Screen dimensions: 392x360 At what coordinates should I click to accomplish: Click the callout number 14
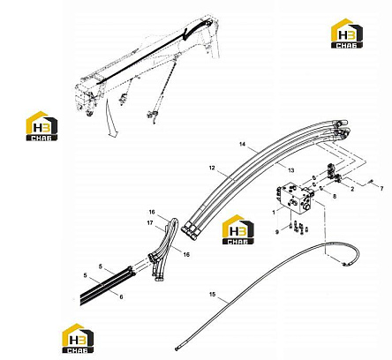242,144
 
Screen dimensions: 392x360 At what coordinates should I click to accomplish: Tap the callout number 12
212,168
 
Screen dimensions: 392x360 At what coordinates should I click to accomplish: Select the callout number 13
291,170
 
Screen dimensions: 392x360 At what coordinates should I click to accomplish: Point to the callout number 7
381,189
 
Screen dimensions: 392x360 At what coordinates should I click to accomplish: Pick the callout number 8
335,196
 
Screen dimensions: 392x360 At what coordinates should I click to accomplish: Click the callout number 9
277,232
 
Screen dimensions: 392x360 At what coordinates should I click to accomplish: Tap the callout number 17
150,223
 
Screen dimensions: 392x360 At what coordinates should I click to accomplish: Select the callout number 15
212,294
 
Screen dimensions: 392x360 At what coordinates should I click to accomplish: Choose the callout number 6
121,297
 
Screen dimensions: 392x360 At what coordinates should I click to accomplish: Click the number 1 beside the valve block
274,213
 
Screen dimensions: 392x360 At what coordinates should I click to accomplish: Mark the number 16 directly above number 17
152,212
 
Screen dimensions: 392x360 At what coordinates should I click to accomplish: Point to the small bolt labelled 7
372,182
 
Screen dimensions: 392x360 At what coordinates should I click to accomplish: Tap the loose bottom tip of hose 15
177,349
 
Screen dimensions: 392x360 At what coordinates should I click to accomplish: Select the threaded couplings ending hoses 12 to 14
191,231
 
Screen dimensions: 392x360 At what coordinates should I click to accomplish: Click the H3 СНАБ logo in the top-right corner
347,34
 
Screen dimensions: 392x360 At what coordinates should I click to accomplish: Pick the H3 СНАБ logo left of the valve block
237,229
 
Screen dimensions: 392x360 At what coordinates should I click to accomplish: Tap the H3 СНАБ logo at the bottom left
78,338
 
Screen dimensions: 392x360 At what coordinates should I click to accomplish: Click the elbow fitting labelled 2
338,177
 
